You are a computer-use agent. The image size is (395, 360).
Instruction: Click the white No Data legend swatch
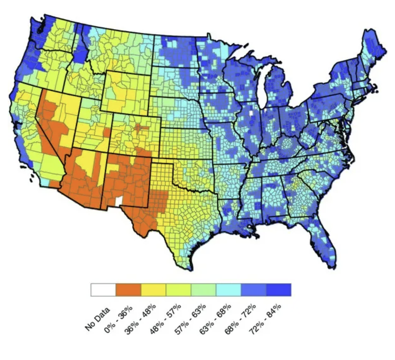click(x=103, y=290)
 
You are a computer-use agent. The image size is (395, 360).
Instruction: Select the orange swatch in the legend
click(x=128, y=290)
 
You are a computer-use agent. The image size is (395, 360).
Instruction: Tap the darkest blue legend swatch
click(x=278, y=290)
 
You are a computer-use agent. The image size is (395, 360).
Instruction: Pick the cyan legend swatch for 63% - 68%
click(x=229, y=290)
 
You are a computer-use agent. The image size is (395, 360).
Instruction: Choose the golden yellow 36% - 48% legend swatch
click(x=153, y=290)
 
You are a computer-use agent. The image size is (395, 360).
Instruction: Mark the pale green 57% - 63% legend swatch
click(x=203, y=290)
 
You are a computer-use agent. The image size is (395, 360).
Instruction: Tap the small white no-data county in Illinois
click(x=251, y=112)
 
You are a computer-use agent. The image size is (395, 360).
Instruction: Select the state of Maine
click(x=373, y=50)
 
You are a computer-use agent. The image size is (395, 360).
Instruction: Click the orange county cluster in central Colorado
click(x=138, y=127)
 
